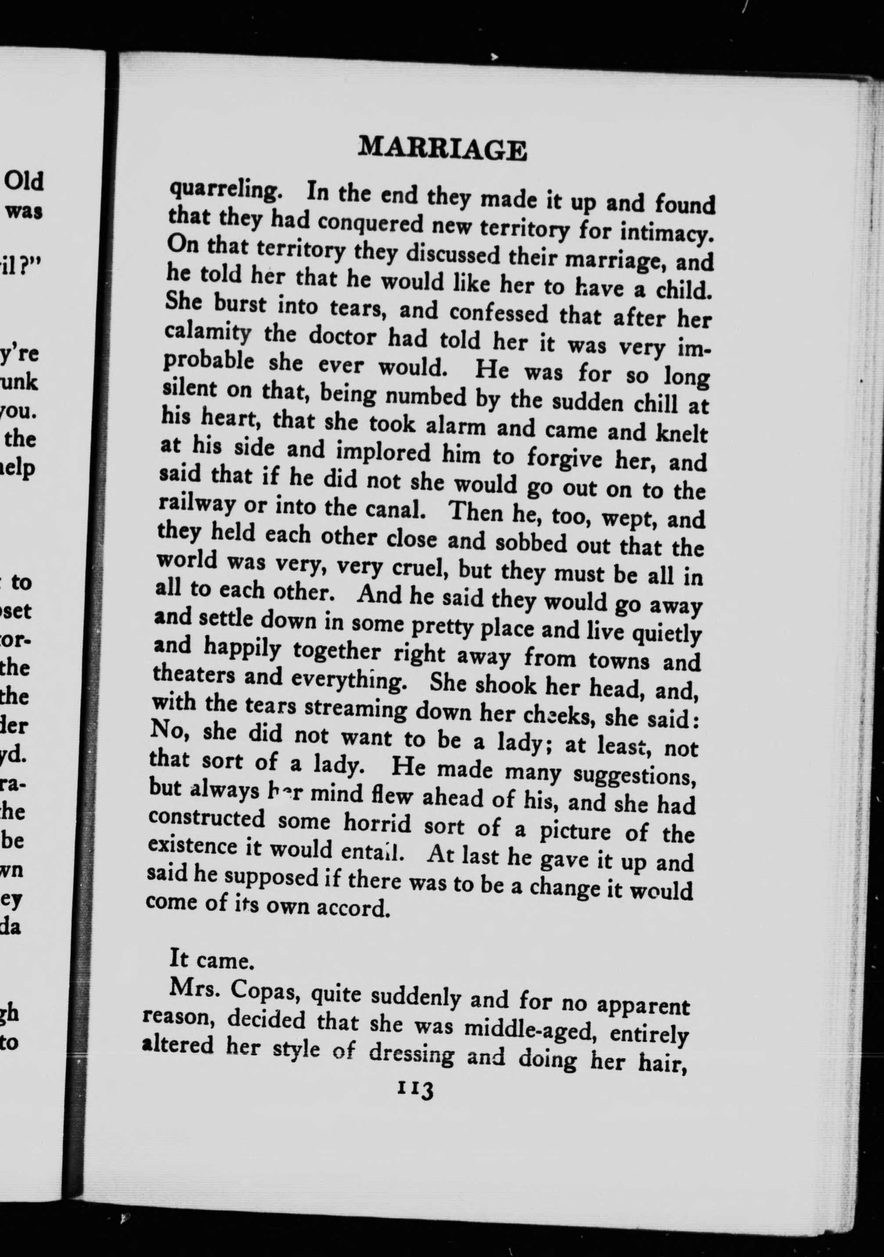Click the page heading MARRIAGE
442,149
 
